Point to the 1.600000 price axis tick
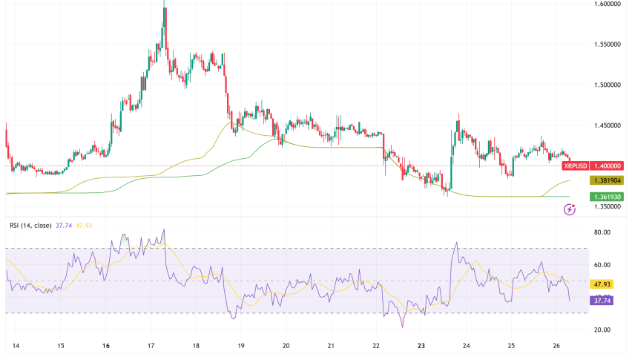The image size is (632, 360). click(606, 4)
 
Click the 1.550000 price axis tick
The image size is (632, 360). click(606, 45)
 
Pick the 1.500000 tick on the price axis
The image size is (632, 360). click(606, 85)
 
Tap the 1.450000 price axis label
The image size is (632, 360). click(606, 125)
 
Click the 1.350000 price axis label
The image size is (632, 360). click(606, 206)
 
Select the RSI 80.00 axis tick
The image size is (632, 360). click(602, 232)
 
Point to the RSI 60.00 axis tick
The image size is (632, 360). click(602, 265)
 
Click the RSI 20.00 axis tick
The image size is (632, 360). click(602, 330)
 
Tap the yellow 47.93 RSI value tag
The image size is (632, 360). click(602, 284)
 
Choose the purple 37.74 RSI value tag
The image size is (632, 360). click(602, 301)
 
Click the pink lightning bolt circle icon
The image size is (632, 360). click(570, 210)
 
